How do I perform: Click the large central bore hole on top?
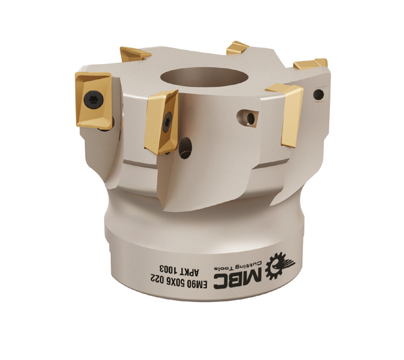204,77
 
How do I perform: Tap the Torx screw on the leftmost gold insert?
95,99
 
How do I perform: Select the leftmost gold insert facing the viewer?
95,100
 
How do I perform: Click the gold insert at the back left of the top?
133,54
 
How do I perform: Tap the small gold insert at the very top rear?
238,48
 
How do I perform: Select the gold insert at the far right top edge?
311,63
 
